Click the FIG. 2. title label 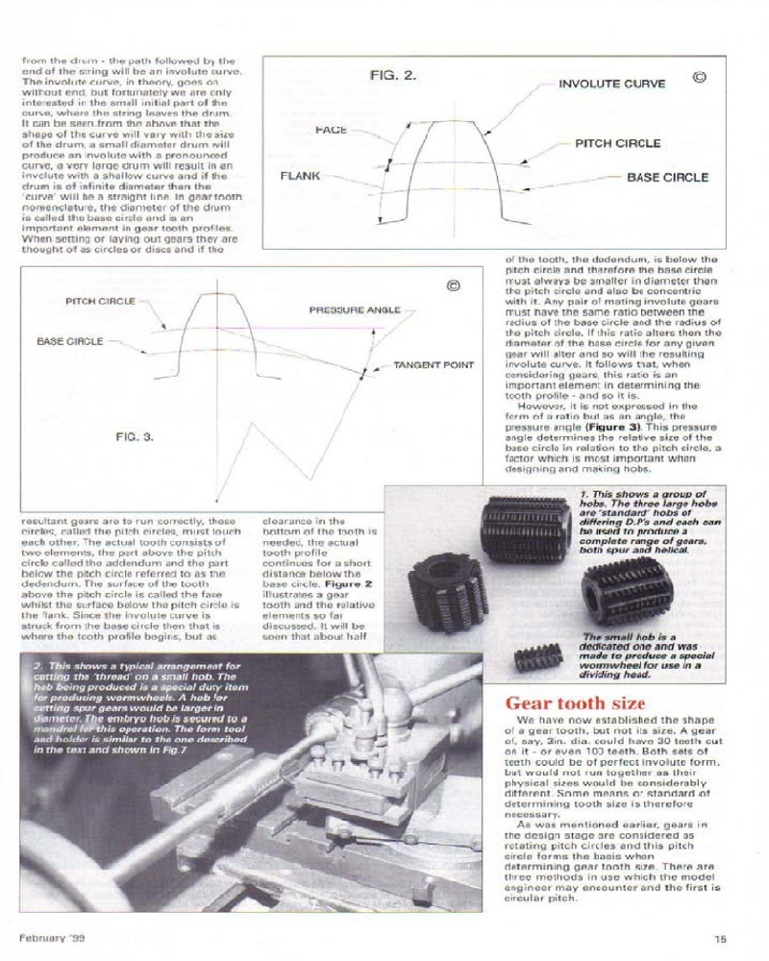point(392,75)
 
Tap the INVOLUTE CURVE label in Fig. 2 point(612,84)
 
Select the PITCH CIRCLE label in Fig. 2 point(617,143)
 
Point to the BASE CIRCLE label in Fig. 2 point(667,177)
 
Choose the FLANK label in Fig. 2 point(300,177)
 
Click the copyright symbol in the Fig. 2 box point(699,77)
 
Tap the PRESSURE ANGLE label point(354,309)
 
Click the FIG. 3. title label point(135,435)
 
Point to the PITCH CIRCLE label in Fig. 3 point(100,302)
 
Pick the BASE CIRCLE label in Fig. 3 point(70,340)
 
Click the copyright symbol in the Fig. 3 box point(455,285)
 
